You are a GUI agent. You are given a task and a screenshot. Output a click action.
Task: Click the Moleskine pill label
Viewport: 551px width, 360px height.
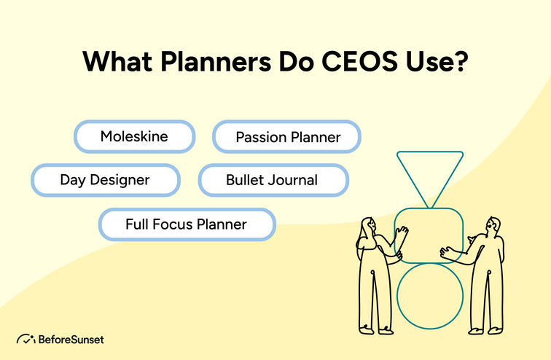click(x=134, y=137)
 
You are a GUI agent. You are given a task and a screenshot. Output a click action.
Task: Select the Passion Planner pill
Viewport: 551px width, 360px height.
click(x=287, y=137)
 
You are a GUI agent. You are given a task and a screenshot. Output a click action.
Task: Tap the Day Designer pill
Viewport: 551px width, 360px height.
click(x=105, y=179)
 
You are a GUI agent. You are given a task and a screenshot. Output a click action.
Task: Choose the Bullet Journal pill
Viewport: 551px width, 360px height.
click(x=271, y=179)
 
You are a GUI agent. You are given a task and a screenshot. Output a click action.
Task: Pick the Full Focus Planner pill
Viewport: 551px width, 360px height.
click(x=187, y=224)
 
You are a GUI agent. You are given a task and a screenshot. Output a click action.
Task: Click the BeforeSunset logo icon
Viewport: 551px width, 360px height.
click(x=26, y=340)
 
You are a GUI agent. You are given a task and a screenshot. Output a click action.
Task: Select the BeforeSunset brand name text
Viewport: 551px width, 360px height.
click(x=72, y=340)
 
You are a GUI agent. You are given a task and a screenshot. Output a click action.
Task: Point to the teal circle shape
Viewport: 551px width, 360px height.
click(x=430, y=296)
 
